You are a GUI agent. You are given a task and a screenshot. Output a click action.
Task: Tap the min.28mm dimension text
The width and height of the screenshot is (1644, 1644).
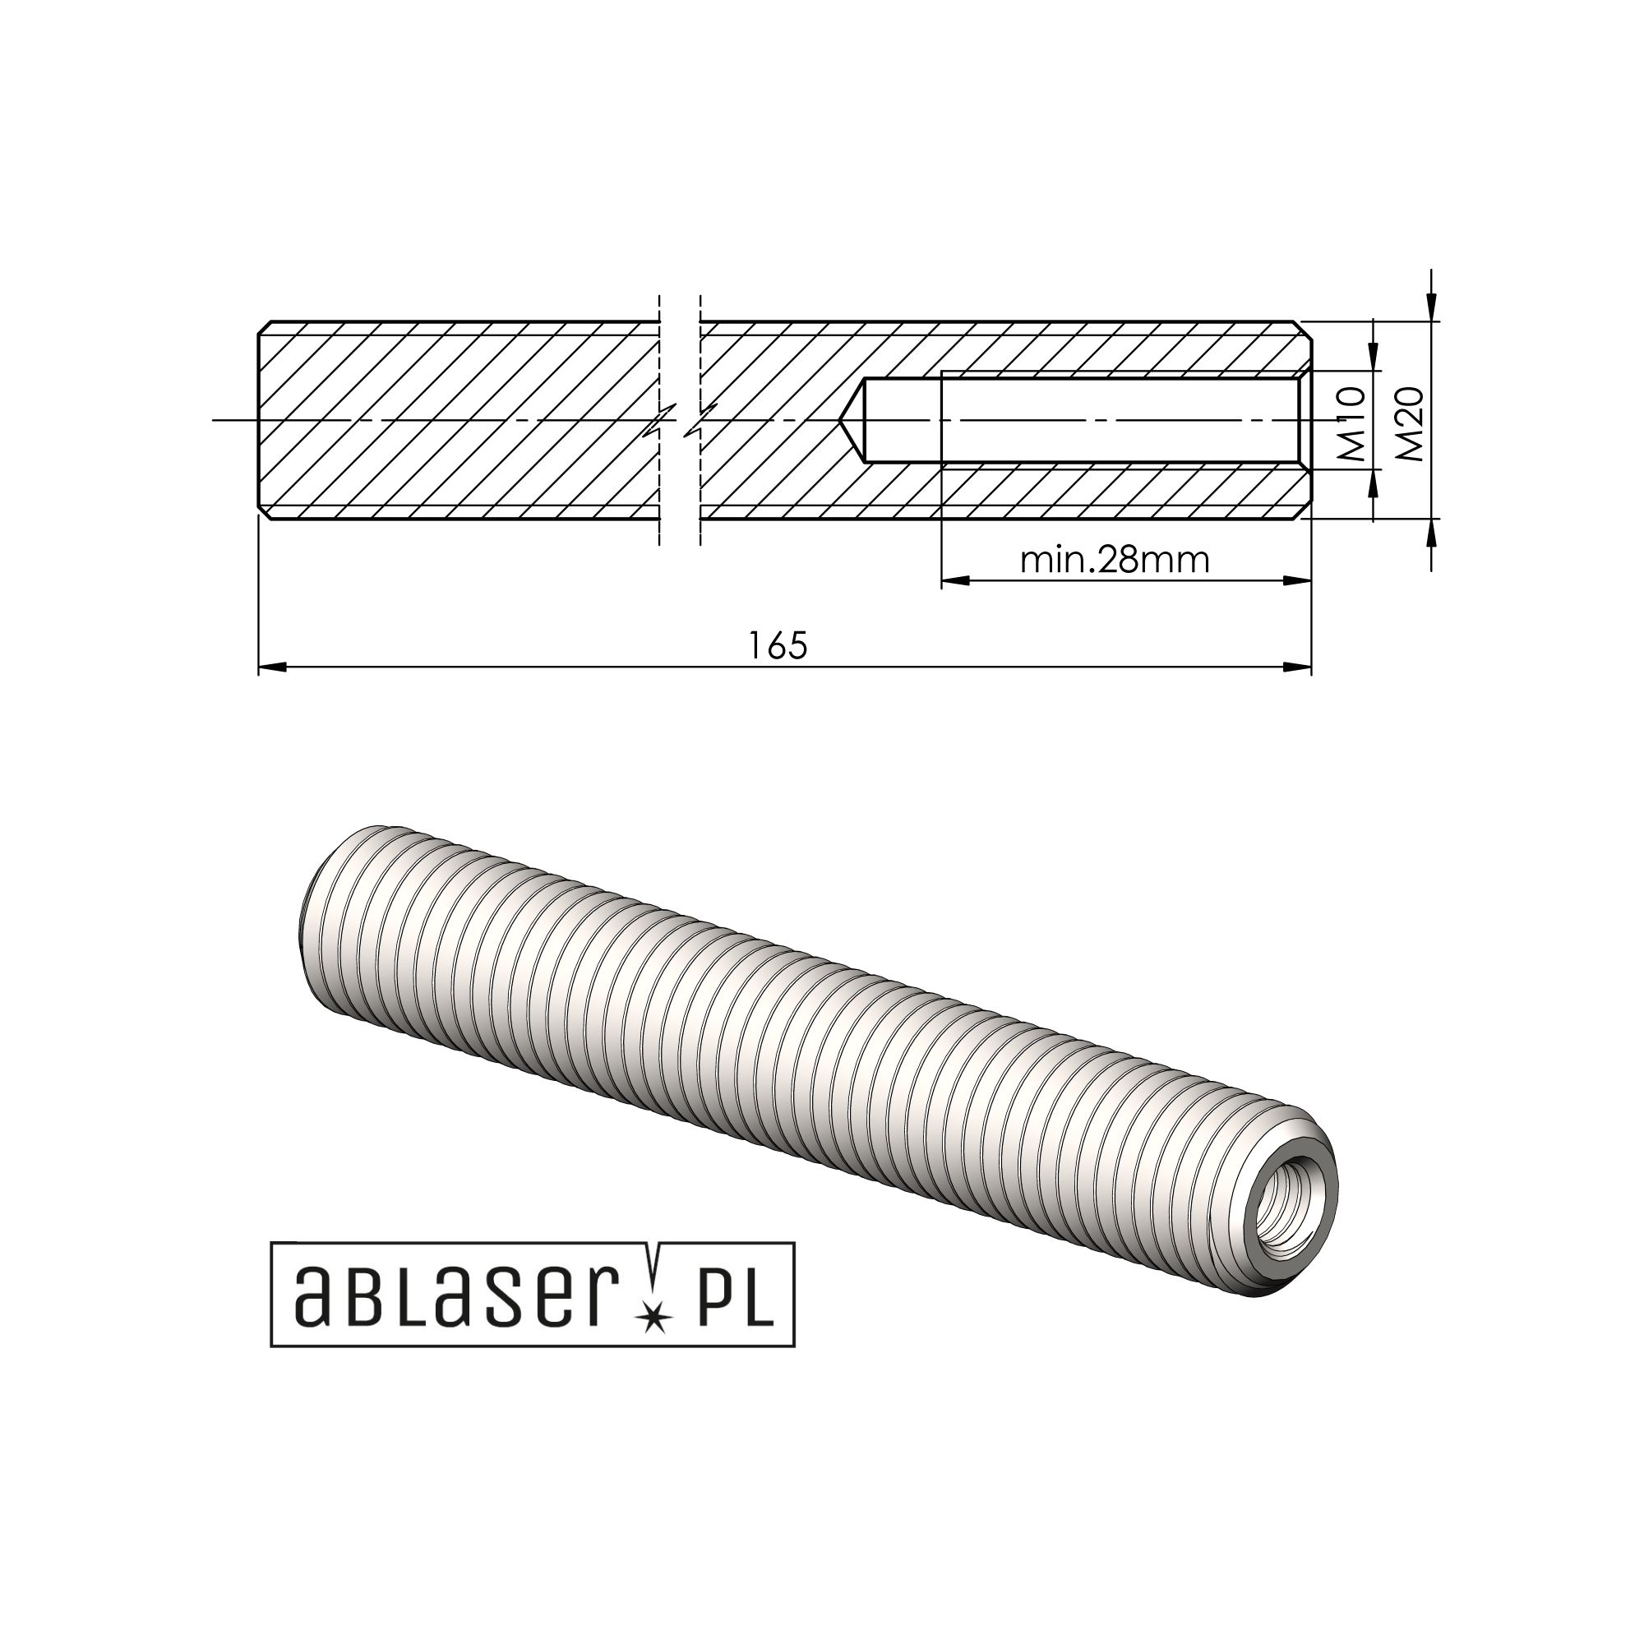pyautogui.click(x=1115, y=560)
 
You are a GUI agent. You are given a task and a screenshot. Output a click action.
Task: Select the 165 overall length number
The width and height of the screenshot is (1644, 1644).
pyautogui.click(x=778, y=646)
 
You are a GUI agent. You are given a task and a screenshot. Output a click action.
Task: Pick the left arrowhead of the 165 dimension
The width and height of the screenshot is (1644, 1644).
pyautogui.click(x=271, y=667)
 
